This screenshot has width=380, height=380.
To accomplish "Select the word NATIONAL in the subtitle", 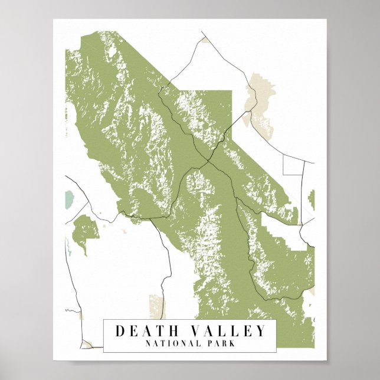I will point(168,343).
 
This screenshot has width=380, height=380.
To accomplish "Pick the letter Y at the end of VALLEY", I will point(261,331).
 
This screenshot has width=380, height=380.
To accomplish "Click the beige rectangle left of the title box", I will point(157,306).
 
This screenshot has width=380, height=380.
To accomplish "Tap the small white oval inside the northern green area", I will point(112,53).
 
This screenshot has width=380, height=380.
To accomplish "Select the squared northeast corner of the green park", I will point(230,93).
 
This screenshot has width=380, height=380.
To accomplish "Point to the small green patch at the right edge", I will point(312,199).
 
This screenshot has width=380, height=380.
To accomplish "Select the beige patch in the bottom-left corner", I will point(89,343).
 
